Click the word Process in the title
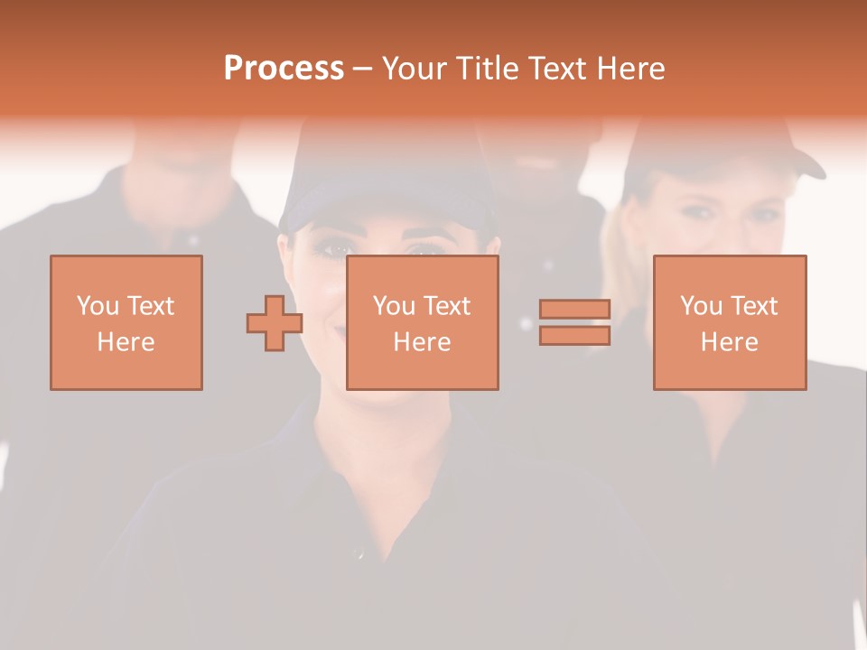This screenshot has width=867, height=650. coord(284,69)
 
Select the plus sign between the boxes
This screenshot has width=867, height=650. coord(275,323)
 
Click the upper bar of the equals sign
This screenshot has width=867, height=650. coord(574,310)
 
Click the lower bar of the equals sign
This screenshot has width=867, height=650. coord(574,336)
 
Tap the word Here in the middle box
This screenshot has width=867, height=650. coord(423,342)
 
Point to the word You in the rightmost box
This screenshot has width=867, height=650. coord(702,306)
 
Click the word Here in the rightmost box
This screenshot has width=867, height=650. coord(730,342)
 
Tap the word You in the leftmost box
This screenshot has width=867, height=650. coord(98,306)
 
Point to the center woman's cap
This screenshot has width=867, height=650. coord(388,194)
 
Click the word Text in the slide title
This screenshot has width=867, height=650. coord(556,69)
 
